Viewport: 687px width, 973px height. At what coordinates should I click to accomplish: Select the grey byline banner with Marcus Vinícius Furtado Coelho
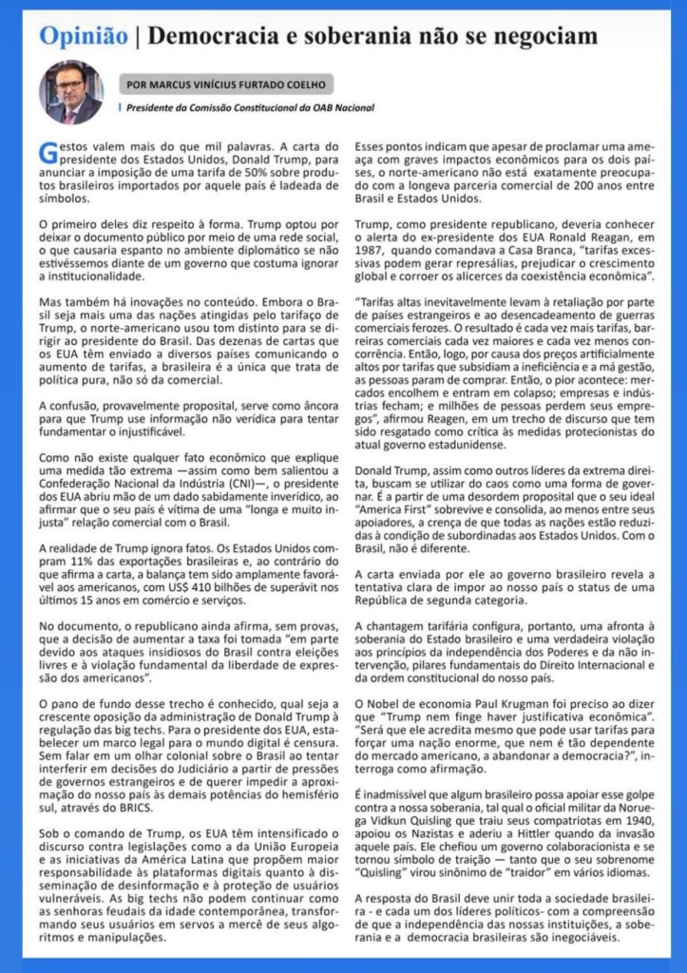tap(228, 84)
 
